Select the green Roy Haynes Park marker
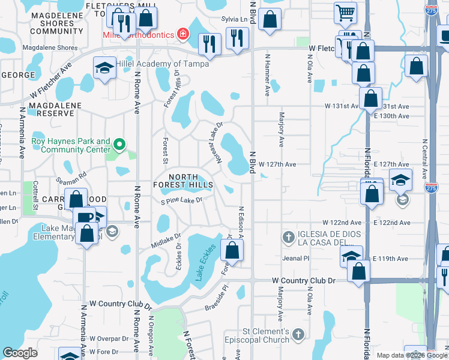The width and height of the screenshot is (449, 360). [119, 144]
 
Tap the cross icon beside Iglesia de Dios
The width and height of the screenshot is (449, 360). [288, 236]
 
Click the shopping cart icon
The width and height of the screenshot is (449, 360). [345, 12]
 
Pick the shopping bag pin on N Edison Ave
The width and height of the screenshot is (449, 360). [232, 251]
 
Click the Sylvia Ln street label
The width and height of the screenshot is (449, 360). [234, 19]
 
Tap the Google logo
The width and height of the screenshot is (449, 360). [20, 353]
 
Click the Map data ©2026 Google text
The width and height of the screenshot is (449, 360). [412, 355]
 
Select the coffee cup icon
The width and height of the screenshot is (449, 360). [84, 217]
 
